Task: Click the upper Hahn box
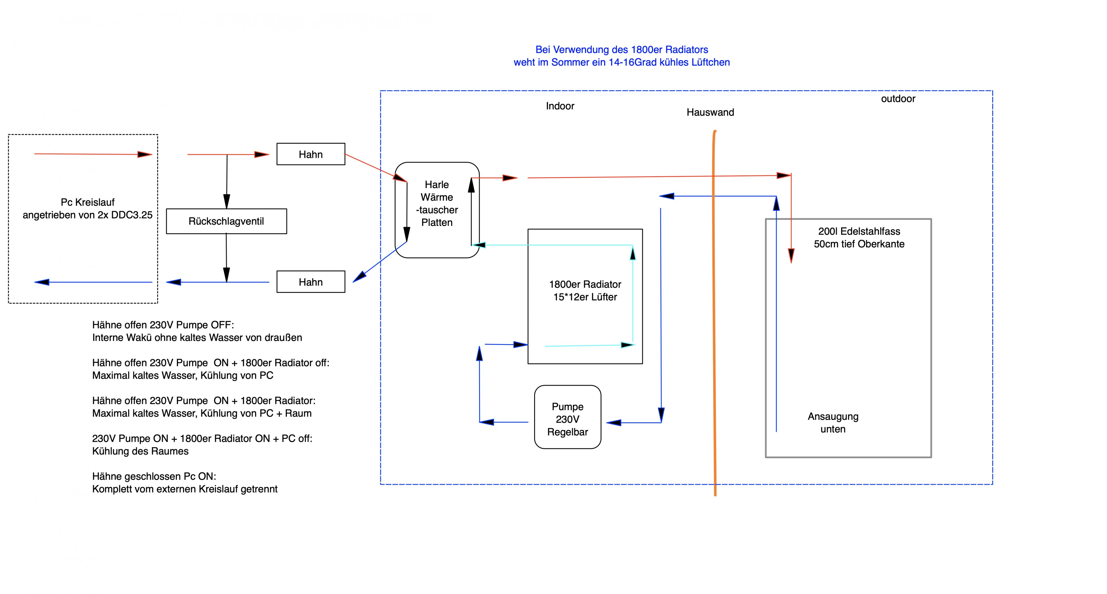pos(311,154)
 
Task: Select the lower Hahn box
pos(311,282)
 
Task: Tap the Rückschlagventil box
pos(227,221)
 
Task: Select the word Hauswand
pos(710,112)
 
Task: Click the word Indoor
pos(560,106)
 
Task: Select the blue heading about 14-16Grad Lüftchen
pos(622,56)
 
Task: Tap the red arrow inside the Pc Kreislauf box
pos(93,154)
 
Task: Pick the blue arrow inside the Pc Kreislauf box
pos(93,282)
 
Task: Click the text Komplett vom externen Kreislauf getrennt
pos(185,489)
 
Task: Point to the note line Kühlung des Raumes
pos(140,451)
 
